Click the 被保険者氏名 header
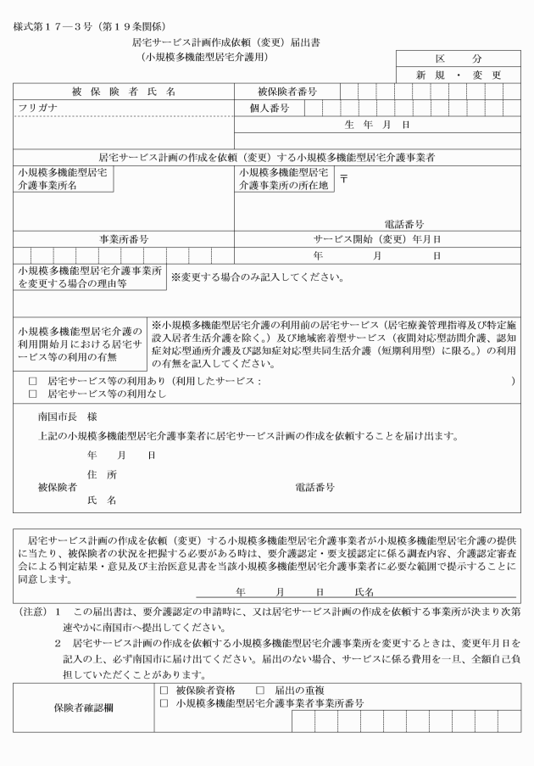[124, 92]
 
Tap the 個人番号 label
[270, 108]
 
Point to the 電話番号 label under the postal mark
[403, 223]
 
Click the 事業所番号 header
[124, 239]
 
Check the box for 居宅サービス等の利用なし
[32, 394]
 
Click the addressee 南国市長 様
[63, 418]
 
